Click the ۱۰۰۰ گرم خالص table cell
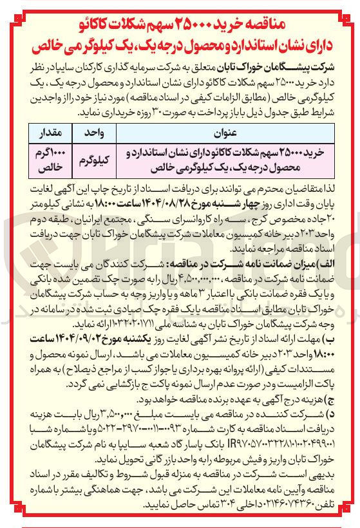48,160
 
